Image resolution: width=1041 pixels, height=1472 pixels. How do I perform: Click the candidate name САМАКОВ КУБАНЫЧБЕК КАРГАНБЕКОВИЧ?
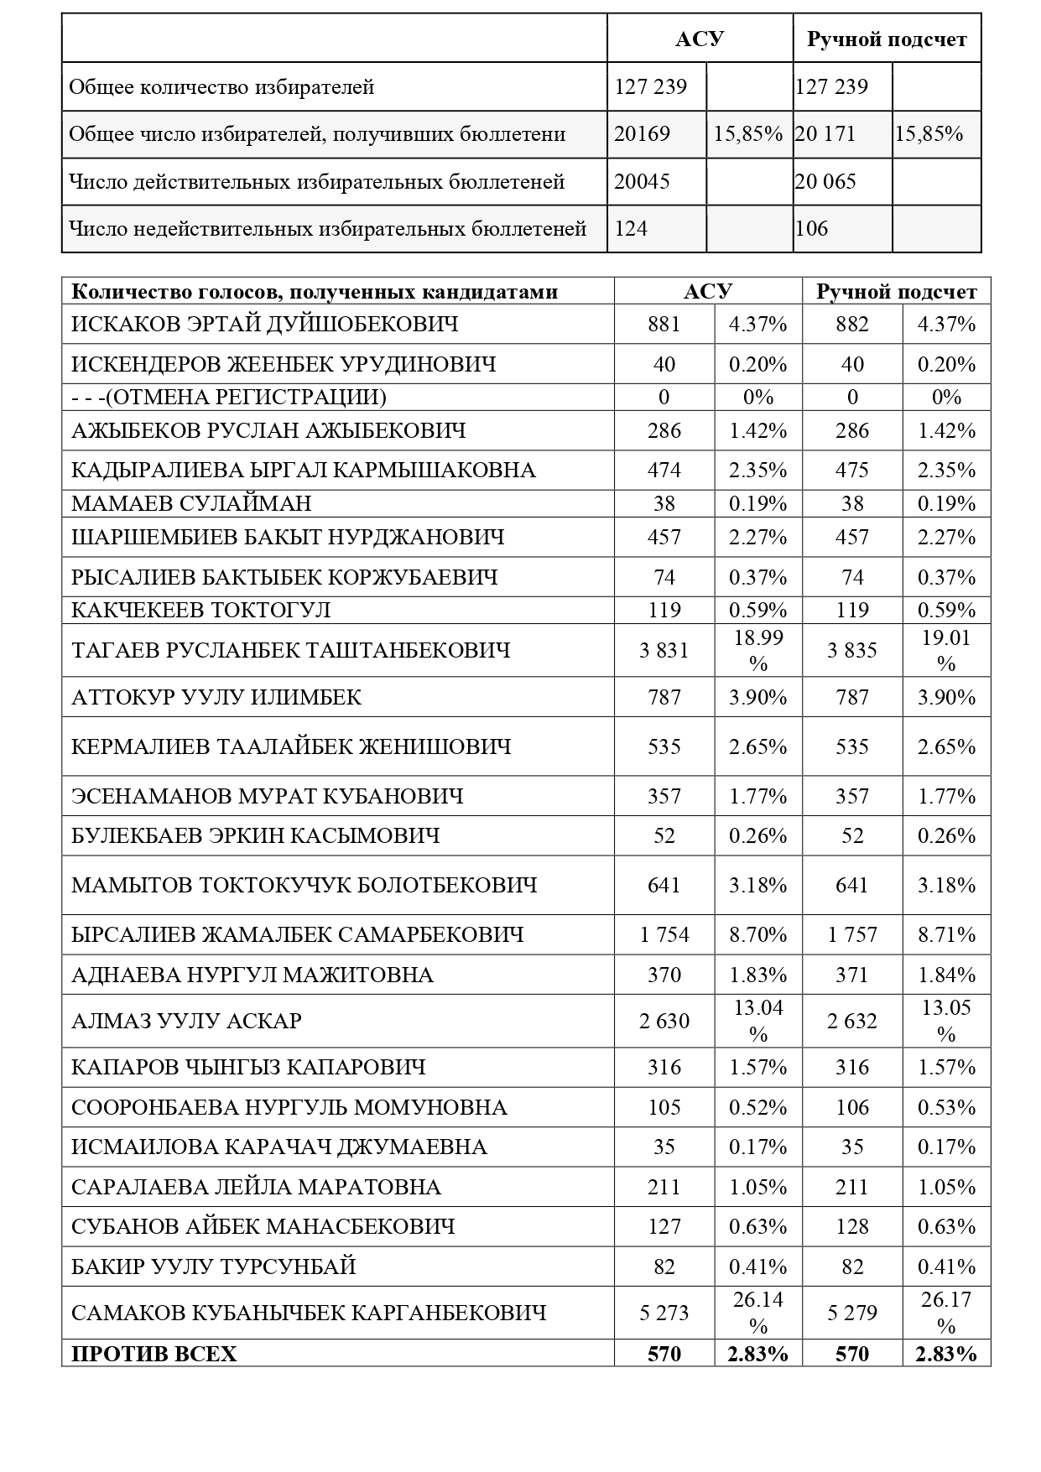[309, 1313]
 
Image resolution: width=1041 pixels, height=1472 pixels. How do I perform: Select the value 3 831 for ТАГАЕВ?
[664, 650]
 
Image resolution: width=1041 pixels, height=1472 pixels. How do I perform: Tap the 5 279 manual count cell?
[851, 1313]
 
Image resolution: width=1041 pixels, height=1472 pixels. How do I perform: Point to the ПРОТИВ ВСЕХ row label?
[154, 1354]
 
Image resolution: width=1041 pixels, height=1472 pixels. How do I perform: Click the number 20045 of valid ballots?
[643, 181]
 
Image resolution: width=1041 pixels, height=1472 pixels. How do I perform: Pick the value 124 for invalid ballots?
[632, 228]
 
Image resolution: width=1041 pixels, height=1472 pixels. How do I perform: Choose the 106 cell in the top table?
[811, 228]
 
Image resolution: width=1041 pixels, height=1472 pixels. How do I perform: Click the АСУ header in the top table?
[700, 39]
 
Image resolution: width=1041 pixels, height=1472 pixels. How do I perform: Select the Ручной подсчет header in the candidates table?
[896, 291]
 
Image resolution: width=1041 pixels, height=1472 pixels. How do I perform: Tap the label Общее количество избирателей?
[221, 87]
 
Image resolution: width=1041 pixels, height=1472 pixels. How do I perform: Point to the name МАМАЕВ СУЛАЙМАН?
[191, 503]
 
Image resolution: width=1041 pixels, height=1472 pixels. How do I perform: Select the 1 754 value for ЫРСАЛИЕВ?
[664, 934]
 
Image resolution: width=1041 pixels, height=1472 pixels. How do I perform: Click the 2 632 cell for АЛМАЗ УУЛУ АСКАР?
[851, 1021]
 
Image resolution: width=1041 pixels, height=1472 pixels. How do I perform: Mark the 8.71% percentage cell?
[946, 934]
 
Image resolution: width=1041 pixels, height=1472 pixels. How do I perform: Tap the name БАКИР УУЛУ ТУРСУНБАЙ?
[214, 1266]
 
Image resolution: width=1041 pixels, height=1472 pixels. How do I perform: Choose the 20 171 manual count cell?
[825, 134]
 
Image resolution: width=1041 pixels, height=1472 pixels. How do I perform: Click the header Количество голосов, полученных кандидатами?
[315, 291]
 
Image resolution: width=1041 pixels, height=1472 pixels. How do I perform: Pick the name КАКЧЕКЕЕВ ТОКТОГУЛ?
[201, 610]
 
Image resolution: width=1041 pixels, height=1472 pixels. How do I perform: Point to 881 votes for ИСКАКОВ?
[664, 324]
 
